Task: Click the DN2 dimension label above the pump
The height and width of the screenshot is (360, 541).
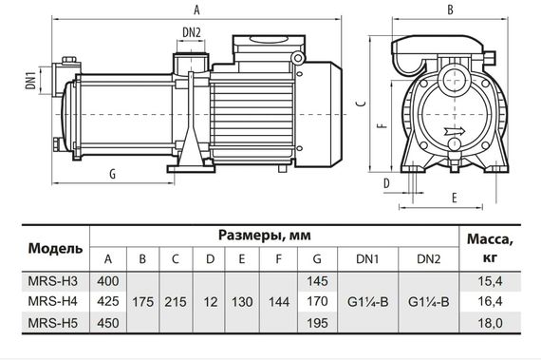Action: click(x=192, y=33)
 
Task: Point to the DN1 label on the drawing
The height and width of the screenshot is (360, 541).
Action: click(x=31, y=81)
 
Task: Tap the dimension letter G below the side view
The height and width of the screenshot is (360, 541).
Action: click(x=113, y=175)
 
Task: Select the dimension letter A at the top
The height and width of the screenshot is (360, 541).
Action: click(x=196, y=10)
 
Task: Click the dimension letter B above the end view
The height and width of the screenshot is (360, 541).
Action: click(x=450, y=10)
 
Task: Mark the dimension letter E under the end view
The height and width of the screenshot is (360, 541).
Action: click(x=455, y=198)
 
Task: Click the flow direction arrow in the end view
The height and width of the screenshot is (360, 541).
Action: click(x=455, y=131)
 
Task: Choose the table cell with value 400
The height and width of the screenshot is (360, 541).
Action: click(x=108, y=281)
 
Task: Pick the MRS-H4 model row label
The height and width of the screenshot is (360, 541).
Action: click(x=53, y=301)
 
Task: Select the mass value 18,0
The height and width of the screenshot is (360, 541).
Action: click(x=491, y=323)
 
